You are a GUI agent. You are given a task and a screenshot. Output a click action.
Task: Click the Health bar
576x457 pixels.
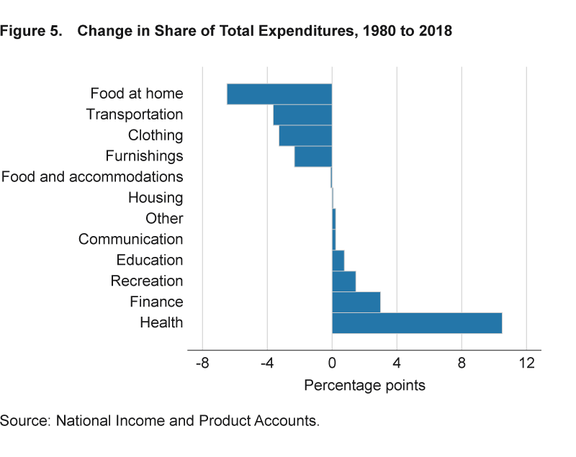(x=416, y=323)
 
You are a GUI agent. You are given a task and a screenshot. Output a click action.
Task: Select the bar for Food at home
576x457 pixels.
(x=279, y=94)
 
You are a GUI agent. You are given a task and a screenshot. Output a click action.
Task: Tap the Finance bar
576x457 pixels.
(x=356, y=302)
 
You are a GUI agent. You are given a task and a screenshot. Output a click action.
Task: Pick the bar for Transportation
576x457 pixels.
(x=302, y=115)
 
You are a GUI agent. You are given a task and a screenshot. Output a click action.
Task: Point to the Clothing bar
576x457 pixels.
(x=305, y=136)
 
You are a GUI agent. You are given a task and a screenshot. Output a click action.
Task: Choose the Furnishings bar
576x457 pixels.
(x=313, y=156)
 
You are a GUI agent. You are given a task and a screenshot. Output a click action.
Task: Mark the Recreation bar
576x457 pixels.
(x=343, y=281)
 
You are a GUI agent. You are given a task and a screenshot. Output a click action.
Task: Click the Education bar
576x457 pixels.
(x=338, y=261)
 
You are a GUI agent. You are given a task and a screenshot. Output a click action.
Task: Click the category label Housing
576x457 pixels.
(x=156, y=198)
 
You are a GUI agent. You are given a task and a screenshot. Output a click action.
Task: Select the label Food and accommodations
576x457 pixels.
(x=92, y=177)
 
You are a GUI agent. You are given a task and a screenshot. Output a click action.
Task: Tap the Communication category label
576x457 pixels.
(x=130, y=240)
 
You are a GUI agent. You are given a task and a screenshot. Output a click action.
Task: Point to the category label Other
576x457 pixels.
(x=164, y=219)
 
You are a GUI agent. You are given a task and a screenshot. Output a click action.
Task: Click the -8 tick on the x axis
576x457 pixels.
(x=202, y=364)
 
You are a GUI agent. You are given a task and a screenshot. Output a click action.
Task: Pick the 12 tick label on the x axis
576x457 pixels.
(x=527, y=364)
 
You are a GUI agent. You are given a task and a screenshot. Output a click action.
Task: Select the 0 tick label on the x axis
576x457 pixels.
(x=332, y=364)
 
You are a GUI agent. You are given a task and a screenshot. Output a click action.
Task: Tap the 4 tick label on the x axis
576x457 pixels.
(x=397, y=364)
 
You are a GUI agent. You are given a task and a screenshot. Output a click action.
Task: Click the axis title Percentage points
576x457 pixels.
(x=364, y=386)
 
